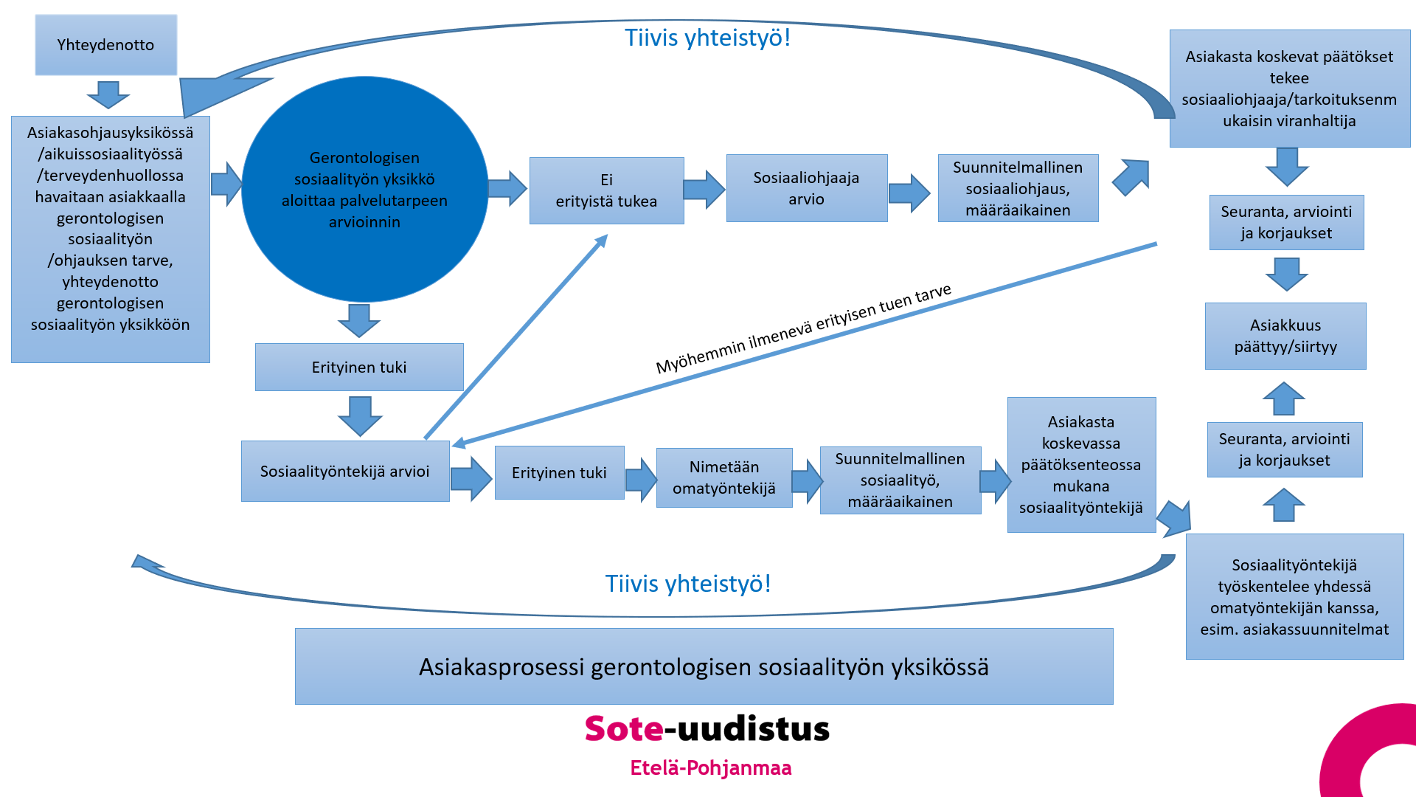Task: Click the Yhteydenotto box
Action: (x=105, y=45)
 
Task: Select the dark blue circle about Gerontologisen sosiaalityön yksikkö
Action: (x=364, y=189)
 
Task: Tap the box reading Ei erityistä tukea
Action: (x=606, y=190)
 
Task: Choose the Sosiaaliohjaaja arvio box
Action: (x=806, y=188)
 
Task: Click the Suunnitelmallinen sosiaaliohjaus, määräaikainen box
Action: (x=1018, y=188)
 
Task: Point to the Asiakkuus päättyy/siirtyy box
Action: (x=1285, y=336)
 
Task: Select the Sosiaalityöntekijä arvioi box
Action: (x=344, y=472)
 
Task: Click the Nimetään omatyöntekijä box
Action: (x=723, y=477)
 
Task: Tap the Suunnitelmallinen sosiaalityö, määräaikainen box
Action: (x=900, y=480)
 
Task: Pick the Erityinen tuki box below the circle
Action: (x=358, y=367)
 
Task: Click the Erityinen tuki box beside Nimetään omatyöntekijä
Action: (x=559, y=473)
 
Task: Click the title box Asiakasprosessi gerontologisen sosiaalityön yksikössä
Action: (x=704, y=666)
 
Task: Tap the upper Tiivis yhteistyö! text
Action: (x=707, y=38)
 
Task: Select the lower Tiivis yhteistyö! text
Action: (x=687, y=584)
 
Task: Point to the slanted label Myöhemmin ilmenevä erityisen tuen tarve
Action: (x=804, y=328)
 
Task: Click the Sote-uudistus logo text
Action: (x=707, y=728)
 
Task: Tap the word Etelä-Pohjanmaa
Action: (x=710, y=768)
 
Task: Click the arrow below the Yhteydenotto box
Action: (x=108, y=94)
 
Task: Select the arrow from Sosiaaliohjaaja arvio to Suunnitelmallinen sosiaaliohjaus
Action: (x=909, y=193)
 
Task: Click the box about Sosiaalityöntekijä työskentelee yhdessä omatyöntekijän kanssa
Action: (x=1294, y=596)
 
